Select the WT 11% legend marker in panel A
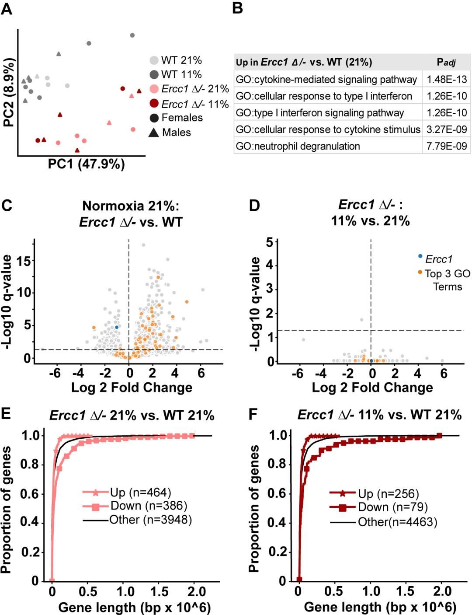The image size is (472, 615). click(x=154, y=74)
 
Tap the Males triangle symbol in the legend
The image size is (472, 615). click(x=154, y=132)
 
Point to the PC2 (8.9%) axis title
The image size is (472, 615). click(x=8, y=92)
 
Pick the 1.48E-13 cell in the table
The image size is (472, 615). click(x=447, y=79)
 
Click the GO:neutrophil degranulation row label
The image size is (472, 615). click(x=298, y=146)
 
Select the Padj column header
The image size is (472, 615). click(x=446, y=62)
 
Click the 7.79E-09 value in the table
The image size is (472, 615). click(x=447, y=146)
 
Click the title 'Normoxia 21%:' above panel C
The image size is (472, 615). click(x=131, y=206)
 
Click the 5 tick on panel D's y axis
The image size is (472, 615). click(x=270, y=242)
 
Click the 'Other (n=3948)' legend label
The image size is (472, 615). click(x=150, y=520)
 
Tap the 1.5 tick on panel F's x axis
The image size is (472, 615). click(x=405, y=591)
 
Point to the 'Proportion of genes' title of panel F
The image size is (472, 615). click(x=254, y=509)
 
